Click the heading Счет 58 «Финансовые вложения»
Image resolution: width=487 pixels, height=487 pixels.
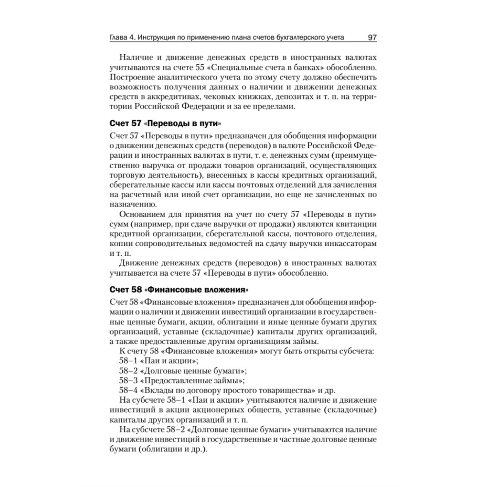(x=176, y=289)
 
